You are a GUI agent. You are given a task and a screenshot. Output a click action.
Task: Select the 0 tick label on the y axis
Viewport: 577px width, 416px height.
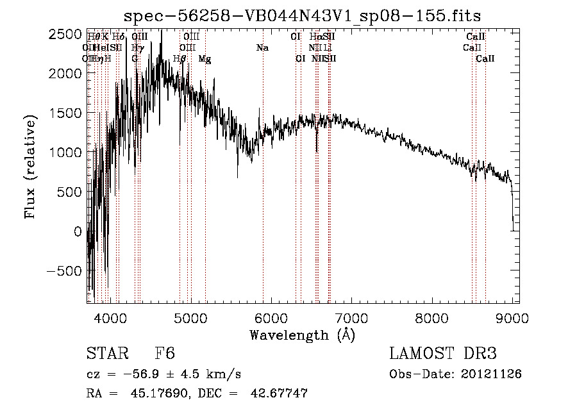(78, 231)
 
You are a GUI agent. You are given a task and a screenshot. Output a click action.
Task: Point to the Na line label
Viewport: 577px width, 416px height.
(262, 48)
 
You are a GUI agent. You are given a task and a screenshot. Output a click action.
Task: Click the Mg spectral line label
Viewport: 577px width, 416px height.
(205, 59)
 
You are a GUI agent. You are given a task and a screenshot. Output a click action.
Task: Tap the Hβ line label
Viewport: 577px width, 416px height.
(180, 59)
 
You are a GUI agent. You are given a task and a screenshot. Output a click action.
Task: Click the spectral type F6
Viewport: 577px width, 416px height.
(165, 354)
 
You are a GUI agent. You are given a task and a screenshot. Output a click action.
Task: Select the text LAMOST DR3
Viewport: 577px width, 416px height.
(443, 354)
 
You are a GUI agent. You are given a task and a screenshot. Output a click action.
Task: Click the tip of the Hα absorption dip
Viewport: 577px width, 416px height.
(317, 152)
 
